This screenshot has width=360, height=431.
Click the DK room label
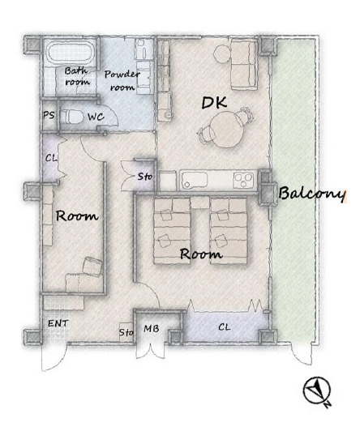[x=214, y=103]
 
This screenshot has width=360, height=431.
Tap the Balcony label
[x=311, y=194]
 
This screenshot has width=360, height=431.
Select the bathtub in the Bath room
[x=71, y=53]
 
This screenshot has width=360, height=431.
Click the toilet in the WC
[x=72, y=117]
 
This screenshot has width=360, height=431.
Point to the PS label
[x=49, y=115]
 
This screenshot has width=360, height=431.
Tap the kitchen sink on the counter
[x=194, y=181]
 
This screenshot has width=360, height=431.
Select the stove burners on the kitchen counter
[x=243, y=181]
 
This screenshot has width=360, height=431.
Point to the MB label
[x=152, y=328]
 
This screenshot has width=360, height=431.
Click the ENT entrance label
[x=58, y=323]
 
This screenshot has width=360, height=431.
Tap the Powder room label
[x=122, y=80]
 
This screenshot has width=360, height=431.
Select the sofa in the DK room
[x=244, y=64]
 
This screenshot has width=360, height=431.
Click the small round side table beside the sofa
[x=221, y=53]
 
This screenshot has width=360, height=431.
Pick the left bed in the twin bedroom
[x=172, y=231]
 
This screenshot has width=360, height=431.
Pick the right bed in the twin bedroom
[x=229, y=231]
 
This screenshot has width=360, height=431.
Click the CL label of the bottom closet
[x=225, y=326]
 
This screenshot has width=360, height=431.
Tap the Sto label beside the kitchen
[x=145, y=176]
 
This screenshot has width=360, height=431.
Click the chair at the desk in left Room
[x=92, y=266]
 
